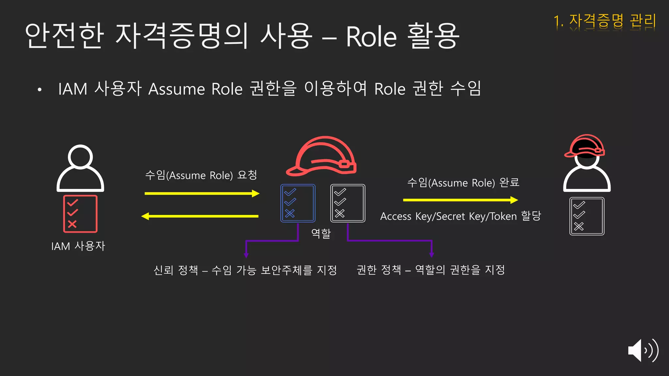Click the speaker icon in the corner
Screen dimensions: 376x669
[643, 351]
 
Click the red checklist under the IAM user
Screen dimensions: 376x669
[80, 214]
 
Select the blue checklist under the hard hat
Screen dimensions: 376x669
[298, 203]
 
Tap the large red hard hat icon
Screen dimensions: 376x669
[322, 156]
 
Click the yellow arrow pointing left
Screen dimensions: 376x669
[200, 216]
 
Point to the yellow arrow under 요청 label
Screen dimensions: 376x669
[202, 194]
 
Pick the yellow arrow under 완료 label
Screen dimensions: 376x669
[460, 200]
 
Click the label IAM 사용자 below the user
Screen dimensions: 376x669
[78, 246]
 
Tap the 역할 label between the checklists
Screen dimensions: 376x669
[321, 233]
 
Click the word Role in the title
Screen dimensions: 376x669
[371, 37]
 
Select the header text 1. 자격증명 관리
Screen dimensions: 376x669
[605, 21]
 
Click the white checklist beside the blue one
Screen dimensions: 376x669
[348, 203]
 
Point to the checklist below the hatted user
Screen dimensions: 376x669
[587, 216]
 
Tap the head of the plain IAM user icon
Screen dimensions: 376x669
[80, 157]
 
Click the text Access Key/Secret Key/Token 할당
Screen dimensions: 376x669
[460, 216]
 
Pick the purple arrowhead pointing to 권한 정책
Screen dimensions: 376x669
[432, 254]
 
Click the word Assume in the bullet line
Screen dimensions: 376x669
[176, 89]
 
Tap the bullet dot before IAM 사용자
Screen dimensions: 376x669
[40, 89]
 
